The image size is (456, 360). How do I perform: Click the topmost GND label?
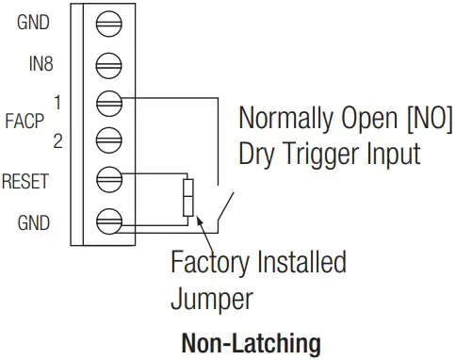tap(33, 22)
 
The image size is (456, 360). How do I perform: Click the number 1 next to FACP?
tap(57, 101)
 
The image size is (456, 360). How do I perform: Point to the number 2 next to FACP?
tap(57, 143)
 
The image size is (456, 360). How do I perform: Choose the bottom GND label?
tap(33, 223)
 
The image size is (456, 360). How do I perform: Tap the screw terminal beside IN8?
tap(110, 64)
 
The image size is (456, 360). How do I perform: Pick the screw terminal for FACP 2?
tap(110, 137)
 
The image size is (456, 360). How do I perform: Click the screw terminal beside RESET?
tap(110, 177)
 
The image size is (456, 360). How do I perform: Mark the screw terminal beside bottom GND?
tap(110, 222)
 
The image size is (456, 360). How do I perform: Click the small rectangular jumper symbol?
tap(188, 199)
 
